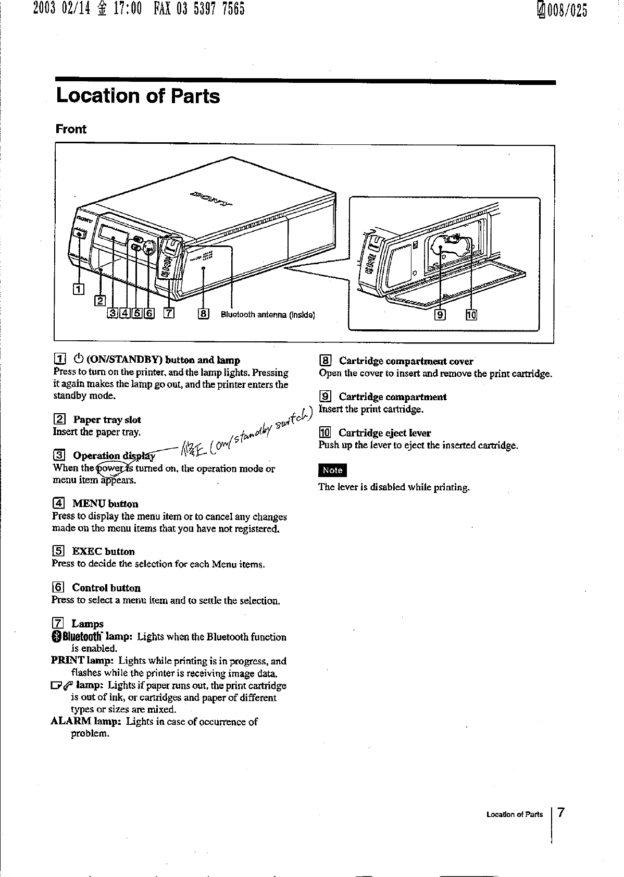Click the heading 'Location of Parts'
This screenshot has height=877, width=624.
coord(138,96)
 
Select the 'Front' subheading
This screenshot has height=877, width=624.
coord(71,129)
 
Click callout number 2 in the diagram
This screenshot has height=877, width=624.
coord(100,300)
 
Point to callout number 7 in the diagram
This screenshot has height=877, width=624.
coord(169,313)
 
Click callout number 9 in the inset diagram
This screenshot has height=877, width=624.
coord(440,315)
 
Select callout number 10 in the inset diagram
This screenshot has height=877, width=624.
coord(471,315)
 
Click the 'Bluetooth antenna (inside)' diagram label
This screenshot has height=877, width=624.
coord(268,314)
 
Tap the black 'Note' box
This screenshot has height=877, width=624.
coord(332,470)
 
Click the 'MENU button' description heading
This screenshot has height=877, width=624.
coord(105,504)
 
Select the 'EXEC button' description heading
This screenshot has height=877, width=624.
coord(103,551)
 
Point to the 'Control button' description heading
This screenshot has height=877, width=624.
coord(106,588)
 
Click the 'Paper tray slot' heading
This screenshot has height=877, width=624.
coord(107,419)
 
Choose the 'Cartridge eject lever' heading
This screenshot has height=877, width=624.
coord(384,433)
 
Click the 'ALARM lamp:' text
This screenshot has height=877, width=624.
coord(86,722)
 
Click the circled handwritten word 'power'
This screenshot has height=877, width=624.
coord(111,468)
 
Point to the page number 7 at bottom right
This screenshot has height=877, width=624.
coord(561,812)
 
